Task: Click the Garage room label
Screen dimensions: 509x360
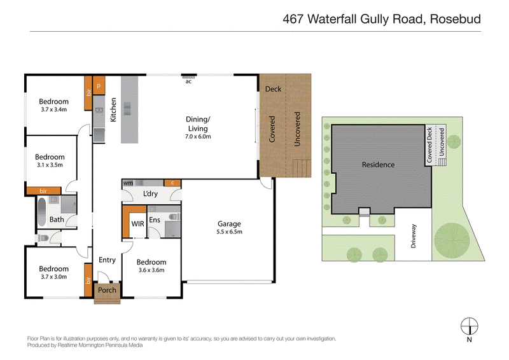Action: point(229,224)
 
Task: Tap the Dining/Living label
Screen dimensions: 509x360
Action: point(198,123)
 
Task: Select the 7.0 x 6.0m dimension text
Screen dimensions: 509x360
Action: point(198,137)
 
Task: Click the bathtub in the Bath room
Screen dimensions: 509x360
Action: point(42,212)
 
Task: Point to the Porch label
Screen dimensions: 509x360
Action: point(107,290)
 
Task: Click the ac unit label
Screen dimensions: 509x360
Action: point(188,81)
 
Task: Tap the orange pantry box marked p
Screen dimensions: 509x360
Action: point(99,85)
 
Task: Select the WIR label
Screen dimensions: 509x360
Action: point(137,224)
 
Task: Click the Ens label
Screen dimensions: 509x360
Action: point(155,220)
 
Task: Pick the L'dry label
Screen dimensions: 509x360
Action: point(150,194)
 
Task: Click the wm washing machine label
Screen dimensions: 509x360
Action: point(128,183)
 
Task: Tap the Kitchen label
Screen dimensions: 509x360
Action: point(113,110)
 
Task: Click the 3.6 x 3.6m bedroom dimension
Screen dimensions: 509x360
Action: point(151,270)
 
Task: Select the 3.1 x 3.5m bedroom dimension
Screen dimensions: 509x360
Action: point(50,165)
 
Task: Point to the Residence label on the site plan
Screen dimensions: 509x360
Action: point(378,165)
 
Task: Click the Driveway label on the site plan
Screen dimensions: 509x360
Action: point(413,236)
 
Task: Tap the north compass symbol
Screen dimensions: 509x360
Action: point(470,326)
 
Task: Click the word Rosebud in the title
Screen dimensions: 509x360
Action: point(456,19)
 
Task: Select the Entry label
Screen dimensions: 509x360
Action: point(107,260)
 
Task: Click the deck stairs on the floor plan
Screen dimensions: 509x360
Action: point(302,168)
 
